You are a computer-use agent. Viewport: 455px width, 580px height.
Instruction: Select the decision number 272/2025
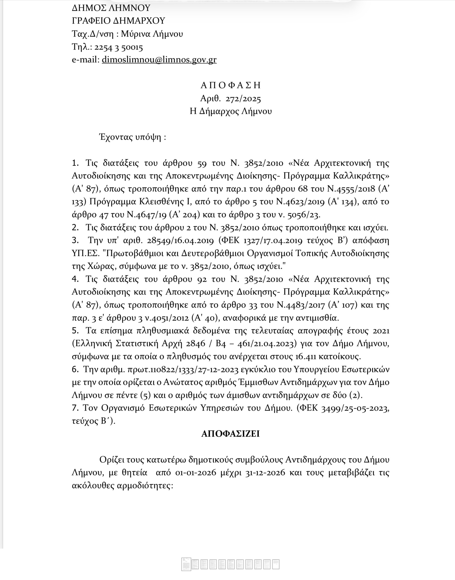pos(243,99)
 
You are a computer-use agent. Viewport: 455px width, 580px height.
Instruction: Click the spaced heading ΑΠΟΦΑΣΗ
pos(230,85)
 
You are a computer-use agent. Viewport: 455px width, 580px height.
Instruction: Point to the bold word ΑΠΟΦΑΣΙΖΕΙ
pos(230,434)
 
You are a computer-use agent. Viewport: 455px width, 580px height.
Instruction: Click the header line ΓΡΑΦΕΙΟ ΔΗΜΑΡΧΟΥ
pos(118,21)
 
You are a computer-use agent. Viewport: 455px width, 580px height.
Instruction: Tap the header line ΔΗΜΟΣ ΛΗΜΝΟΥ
pos(111,8)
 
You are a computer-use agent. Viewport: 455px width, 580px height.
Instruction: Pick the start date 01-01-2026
pos(196,472)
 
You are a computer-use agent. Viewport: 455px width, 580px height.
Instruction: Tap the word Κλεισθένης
pos(160,202)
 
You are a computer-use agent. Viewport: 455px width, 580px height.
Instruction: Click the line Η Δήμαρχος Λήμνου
pos(230,111)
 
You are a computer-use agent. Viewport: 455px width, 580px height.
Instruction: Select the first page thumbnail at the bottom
pos(186,564)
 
